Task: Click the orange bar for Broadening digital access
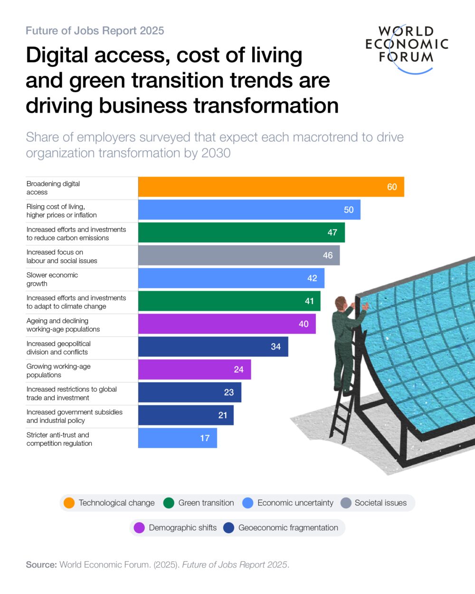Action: [271, 187]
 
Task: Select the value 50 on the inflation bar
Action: [349, 210]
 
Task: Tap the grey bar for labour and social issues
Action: [238, 255]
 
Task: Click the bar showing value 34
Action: [213, 346]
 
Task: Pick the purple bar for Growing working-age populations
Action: [194, 369]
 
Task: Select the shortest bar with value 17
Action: [177, 438]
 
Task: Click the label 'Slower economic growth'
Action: [52, 279]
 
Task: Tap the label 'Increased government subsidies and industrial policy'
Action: [75, 416]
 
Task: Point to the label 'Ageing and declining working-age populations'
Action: [63, 325]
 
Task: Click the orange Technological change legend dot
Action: [69, 503]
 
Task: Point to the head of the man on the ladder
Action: [340, 302]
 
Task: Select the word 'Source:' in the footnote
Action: [41, 565]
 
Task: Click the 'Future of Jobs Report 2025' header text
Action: [95, 31]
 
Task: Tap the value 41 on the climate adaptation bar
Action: [309, 301]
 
